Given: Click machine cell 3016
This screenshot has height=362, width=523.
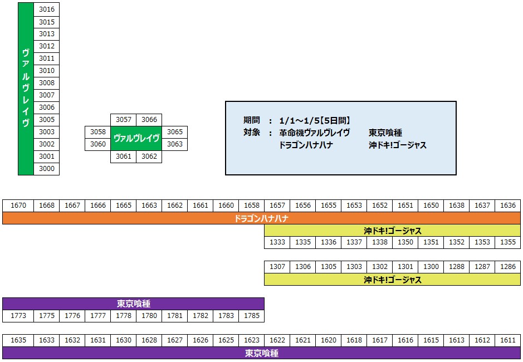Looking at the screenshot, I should tap(47, 9).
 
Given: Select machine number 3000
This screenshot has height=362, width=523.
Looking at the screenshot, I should tap(47, 169).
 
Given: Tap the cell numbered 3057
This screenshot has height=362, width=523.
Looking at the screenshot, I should tap(123, 120).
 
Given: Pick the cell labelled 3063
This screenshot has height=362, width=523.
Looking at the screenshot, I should tap(174, 144).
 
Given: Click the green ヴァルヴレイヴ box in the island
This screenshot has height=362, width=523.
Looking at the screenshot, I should tap(136, 138).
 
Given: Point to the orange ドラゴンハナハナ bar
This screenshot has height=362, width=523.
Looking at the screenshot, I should tap(261, 218).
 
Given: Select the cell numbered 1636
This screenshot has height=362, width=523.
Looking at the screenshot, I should tap(507, 206).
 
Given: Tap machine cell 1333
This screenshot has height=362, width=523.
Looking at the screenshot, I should tap(277, 242).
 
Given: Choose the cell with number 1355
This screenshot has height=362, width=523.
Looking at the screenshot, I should tap(507, 242).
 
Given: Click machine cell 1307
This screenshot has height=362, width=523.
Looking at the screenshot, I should tap(277, 267).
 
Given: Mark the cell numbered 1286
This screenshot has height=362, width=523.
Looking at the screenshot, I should tap(507, 267).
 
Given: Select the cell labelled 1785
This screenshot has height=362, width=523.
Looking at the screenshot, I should tap(251, 316).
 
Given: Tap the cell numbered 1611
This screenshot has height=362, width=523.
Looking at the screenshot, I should tap(507, 340).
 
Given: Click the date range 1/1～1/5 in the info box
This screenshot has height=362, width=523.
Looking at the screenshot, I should tap(315, 120).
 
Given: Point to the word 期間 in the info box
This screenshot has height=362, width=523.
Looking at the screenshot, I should tap(252, 120).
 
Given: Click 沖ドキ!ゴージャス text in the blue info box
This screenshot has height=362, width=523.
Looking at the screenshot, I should tap(397, 145).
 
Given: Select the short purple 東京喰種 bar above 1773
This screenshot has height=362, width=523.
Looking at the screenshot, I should tap(133, 304).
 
